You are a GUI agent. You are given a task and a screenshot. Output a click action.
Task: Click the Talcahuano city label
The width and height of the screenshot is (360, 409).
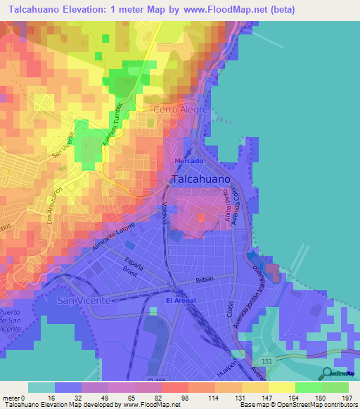click(x=200, y=180)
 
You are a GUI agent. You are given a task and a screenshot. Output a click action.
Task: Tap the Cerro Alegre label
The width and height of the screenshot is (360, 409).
click(x=181, y=110)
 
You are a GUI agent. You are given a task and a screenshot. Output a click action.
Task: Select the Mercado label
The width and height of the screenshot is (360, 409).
click(x=188, y=160)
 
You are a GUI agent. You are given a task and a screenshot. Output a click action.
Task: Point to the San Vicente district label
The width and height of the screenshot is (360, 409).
click(x=84, y=300)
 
